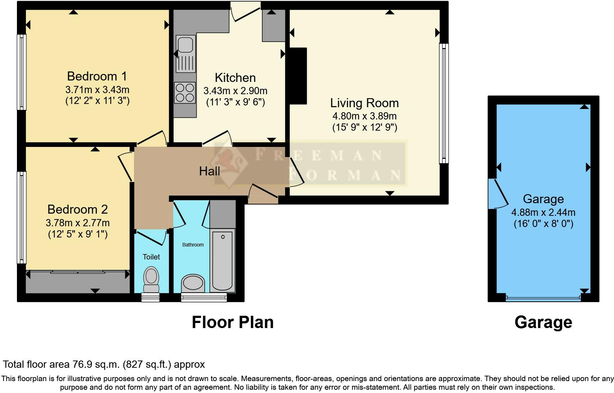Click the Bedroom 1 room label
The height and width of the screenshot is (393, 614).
click(x=97, y=76)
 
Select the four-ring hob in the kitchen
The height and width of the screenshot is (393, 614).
click(x=185, y=93)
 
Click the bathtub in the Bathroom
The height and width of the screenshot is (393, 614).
click(x=222, y=260)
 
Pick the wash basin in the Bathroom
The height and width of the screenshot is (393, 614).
click(x=193, y=283)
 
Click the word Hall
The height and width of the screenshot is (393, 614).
click(x=209, y=171)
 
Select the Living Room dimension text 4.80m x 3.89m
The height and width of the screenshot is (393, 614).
click(x=364, y=116)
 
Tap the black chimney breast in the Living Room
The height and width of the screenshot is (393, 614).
click(x=298, y=76)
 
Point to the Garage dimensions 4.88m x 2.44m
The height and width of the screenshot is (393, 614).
click(x=543, y=212)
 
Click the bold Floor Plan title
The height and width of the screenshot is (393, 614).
click(x=232, y=322)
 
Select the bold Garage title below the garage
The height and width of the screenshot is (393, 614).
click(x=543, y=322)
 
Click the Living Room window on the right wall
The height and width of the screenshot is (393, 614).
click(x=444, y=104)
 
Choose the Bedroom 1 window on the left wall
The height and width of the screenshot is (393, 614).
click(x=22, y=72)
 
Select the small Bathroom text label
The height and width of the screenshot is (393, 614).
click(x=193, y=245)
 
